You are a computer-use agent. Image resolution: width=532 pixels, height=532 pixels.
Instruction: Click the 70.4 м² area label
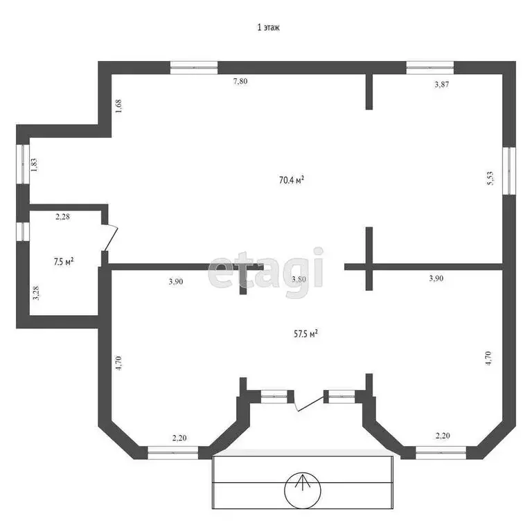[292, 180]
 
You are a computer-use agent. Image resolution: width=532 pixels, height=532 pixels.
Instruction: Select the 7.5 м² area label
[64, 261]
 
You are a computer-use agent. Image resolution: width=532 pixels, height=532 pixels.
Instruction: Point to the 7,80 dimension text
[240, 82]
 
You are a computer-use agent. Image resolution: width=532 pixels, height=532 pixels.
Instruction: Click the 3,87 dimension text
[441, 85]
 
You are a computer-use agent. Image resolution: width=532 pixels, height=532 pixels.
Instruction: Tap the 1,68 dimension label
[118, 107]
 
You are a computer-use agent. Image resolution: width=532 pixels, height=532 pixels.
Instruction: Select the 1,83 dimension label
[33, 164]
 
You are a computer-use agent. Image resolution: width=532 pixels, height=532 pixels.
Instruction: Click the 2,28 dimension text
[64, 217]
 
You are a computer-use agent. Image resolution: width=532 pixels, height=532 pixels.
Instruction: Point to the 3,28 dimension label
[35, 294]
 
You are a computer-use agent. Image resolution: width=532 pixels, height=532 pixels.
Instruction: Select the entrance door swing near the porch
[305, 402]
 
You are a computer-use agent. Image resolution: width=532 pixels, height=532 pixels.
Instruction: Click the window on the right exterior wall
[509, 170]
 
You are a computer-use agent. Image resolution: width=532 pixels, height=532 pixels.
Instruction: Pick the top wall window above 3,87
[429, 67]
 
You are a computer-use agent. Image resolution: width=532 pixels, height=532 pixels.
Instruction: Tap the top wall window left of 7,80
[194, 67]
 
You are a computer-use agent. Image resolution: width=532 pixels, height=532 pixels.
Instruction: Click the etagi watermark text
[267, 272]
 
